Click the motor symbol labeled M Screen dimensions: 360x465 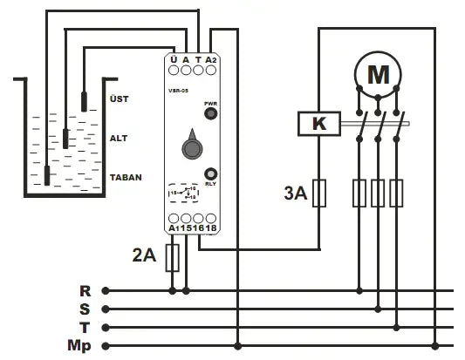(378, 76)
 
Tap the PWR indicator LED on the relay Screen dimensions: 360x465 (210, 112)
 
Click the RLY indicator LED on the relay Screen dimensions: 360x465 (210, 173)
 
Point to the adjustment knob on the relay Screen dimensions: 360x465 (191, 147)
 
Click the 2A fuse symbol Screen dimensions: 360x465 (173, 256)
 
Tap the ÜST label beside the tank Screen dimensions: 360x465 (119, 98)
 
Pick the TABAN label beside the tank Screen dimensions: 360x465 (126, 177)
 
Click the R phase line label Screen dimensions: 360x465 (85, 291)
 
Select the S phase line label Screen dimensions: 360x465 (85, 309)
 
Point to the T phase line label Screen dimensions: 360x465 (85, 328)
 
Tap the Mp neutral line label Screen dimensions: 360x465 (80, 346)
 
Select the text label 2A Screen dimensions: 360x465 (143, 256)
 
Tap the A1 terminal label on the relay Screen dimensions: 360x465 (174, 228)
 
